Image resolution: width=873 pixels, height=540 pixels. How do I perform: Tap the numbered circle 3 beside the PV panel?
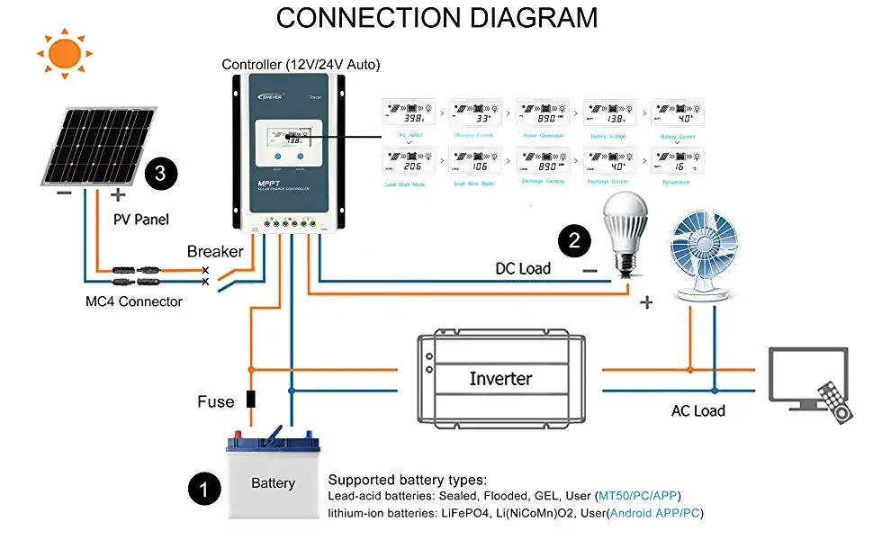point(159,173)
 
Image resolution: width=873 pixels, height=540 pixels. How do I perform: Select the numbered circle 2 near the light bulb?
point(574,239)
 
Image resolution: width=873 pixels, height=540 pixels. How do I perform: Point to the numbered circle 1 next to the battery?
point(204,489)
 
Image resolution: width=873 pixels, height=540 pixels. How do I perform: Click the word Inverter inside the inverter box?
point(500,379)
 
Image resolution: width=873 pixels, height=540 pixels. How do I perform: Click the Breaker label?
point(215,251)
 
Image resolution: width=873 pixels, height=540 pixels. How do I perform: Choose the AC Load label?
point(698,410)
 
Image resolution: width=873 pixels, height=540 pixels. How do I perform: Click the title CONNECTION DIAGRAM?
point(436,18)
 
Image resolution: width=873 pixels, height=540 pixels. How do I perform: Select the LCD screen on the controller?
point(286,139)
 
